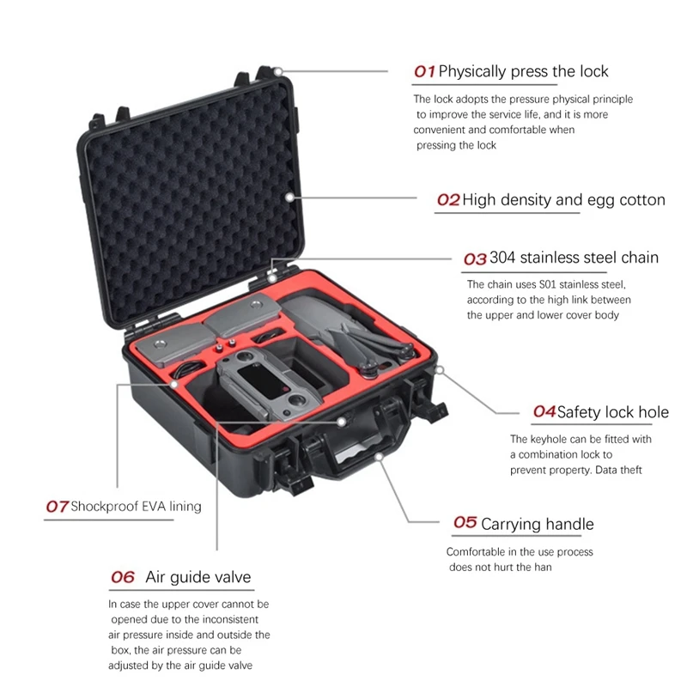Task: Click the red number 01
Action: click(x=425, y=71)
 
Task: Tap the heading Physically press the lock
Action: click(x=523, y=71)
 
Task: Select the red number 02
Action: click(x=448, y=200)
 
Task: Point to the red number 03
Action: click(x=475, y=258)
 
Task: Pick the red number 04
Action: click(x=544, y=412)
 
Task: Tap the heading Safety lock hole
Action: click(x=612, y=412)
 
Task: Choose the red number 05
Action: click(x=465, y=523)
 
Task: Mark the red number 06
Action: click(x=123, y=577)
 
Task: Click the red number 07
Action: click(x=57, y=507)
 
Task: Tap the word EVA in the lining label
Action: click(x=149, y=507)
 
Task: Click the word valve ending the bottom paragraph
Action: click(x=238, y=666)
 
